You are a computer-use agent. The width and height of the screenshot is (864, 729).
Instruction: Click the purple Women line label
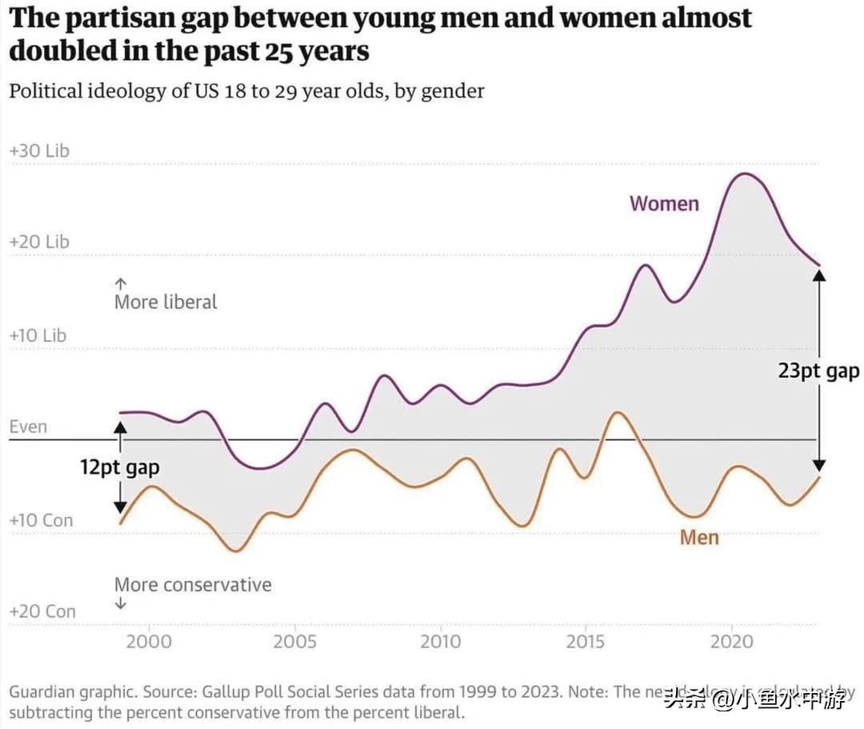coord(664,204)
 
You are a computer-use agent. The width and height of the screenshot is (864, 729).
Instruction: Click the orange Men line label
coord(699,537)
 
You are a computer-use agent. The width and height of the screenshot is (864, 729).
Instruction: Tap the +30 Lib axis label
coord(39,150)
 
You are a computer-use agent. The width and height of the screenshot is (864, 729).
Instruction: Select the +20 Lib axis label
coord(39,242)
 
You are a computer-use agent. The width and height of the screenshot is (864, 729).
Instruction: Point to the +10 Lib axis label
coord(38,335)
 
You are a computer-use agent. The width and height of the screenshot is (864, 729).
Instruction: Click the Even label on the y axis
coord(28,427)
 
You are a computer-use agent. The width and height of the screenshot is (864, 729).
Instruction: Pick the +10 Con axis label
coord(41,520)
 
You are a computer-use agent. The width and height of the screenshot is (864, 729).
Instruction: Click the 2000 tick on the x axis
coord(149,641)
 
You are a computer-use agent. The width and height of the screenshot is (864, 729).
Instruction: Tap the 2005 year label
coord(294,641)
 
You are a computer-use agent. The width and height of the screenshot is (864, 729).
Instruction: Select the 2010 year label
coord(441,641)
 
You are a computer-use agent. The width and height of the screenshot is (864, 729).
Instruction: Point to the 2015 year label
coord(586,641)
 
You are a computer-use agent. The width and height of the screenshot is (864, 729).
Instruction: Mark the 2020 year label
coord(732,641)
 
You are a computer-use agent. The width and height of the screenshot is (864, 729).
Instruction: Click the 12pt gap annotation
coord(119,467)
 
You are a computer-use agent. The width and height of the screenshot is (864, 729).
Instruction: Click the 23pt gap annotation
coord(818,371)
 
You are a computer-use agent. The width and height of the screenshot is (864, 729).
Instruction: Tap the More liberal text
coord(166,302)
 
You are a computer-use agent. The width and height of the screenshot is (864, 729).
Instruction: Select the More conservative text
coord(193,585)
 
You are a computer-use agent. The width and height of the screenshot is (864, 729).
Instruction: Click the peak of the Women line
coord(744,174)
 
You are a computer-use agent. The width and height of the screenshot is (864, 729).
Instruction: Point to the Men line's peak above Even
coord(617,412)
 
